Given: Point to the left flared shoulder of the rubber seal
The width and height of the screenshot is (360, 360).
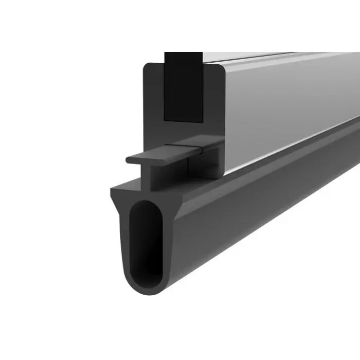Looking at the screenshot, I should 116,198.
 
